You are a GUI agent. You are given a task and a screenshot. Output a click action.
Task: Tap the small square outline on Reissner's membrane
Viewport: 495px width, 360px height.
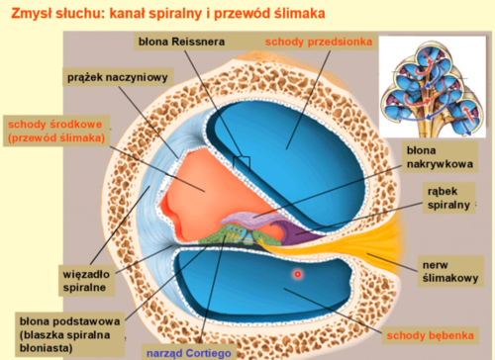243,161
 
